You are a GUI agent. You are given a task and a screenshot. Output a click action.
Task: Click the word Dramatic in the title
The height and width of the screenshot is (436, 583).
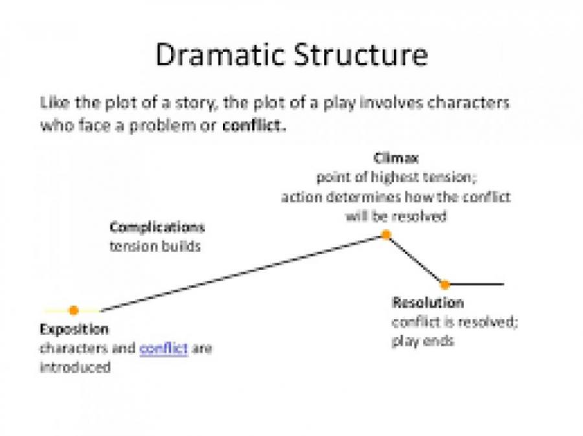pos(212,56)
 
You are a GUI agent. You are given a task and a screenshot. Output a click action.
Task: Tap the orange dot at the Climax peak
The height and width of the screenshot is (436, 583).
pos(385,235)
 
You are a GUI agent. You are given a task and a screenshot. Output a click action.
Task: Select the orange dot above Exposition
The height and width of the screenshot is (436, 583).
pos(74,311)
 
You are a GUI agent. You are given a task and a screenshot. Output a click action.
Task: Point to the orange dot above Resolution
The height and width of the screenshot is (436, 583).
pos(444,284)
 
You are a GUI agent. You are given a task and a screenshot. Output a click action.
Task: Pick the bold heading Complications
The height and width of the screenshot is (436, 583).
pos(157,228)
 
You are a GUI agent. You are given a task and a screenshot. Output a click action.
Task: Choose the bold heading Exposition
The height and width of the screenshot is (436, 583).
pos(74,329)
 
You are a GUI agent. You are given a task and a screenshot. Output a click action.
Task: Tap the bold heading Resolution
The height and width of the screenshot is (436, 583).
pos(428,303)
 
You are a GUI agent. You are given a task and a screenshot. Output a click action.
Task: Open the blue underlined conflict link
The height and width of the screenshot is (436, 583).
pos(164,348)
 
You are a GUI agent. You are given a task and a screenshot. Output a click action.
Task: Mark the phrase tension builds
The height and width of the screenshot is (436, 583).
pos(154,246)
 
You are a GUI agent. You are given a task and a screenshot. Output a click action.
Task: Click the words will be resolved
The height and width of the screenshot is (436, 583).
pos(395,216)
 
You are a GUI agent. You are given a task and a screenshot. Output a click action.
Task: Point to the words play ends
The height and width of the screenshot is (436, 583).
pos(422,341)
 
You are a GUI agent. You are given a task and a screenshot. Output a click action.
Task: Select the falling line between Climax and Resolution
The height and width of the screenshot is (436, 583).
pos(415,259)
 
